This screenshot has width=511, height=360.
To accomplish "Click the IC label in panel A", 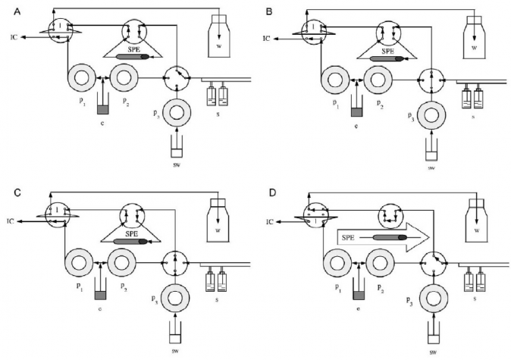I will [14, 36].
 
